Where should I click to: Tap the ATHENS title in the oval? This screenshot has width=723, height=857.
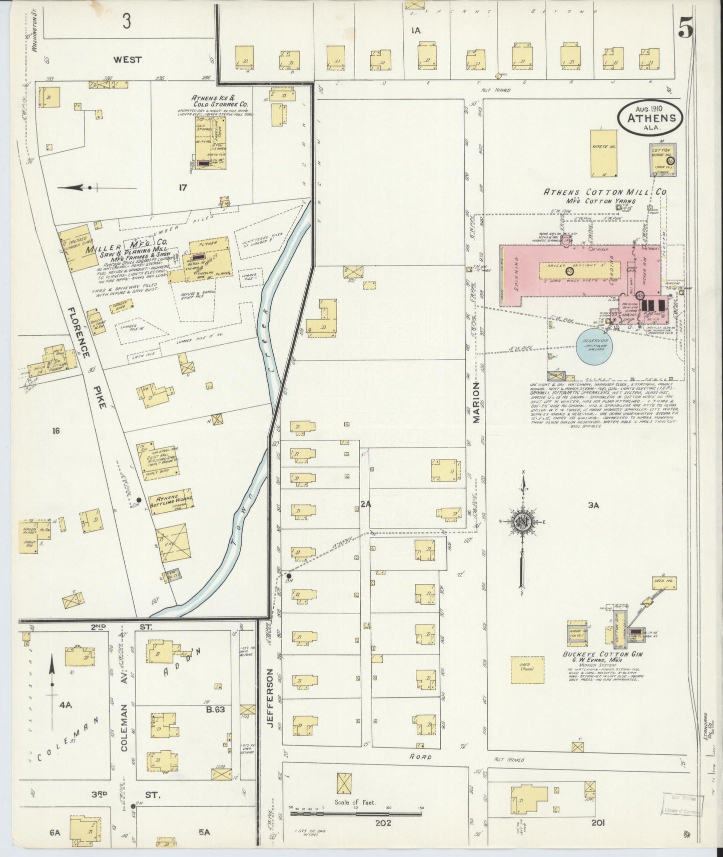[x=650, y=118]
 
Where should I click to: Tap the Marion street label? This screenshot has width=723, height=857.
[x=476, y=402]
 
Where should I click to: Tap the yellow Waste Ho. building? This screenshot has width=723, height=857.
[x=604, y=153]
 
